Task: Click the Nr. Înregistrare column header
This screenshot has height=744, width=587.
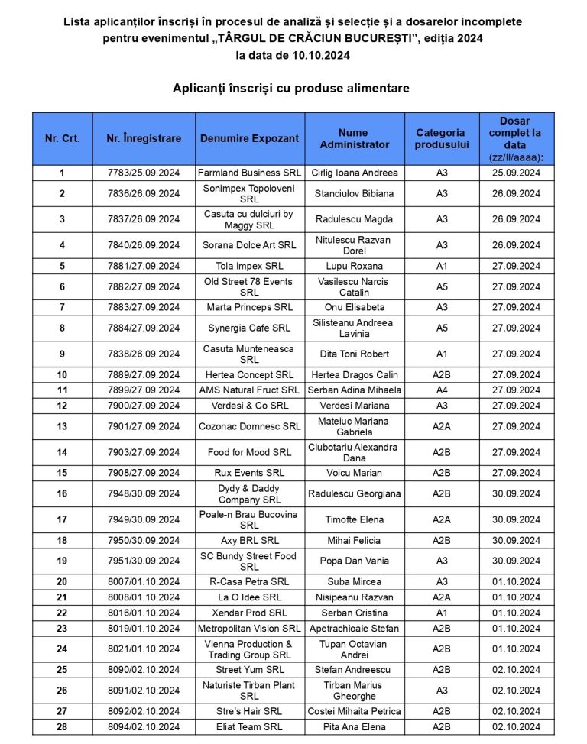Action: click(x=144, y=138)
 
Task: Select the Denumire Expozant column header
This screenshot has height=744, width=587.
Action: click(x=249, y=138)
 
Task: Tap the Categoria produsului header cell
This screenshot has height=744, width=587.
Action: click(x=440, y=138)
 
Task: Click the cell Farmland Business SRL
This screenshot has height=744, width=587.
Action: click(x=249, y=173)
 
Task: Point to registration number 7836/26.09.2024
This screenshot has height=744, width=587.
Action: click(x=144, y=193)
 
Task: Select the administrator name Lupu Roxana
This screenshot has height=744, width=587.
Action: click(x=354, y=266)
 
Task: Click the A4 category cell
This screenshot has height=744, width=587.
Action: click(x=441, y=390)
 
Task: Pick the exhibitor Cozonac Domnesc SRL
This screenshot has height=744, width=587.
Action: click(x=249, y=426)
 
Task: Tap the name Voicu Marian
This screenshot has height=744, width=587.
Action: click(x=354, y=473)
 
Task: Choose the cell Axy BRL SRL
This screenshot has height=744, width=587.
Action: click(x=249, y=540)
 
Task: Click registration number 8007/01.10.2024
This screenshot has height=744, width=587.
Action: click(x=144, y=581)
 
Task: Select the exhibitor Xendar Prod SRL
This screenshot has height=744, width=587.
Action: click(x=249, y=613)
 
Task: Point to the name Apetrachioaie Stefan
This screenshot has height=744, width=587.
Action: click(x=354, y=629)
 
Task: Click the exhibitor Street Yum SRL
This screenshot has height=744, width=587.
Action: click(x=249, y=669)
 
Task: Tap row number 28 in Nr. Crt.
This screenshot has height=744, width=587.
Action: click(x=62, y=726)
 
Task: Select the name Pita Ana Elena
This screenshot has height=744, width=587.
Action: click(x=354, y=726)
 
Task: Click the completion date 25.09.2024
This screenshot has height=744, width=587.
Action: click(x=516, y=173)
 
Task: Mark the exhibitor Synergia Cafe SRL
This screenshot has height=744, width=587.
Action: click(x=249, y=328)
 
